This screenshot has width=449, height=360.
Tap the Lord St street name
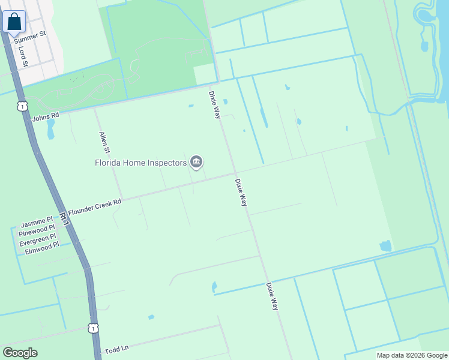(23, 57)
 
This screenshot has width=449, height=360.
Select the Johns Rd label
(46, 116)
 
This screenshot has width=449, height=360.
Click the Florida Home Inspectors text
(140, 163)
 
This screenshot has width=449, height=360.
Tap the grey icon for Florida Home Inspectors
(196, 162)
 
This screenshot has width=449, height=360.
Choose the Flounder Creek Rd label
(95, 207)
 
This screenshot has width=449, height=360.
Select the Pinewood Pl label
(37, 230)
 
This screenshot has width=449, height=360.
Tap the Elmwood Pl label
(42, 245)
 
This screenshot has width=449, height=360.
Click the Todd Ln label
(117, 349)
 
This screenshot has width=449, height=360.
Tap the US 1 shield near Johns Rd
(22, 106)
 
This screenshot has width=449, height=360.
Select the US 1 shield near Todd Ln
(92, 328)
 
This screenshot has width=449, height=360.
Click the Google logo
(20, 353)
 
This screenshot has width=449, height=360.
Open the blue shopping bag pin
(14, 22)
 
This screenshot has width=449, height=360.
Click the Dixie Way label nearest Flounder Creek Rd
(241, 193)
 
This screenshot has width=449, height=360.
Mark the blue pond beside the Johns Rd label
(50, 128)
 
